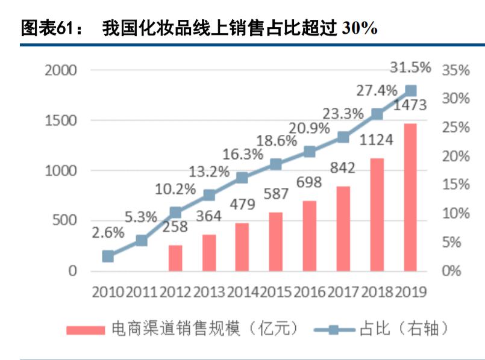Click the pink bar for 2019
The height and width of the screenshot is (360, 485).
point(410,197)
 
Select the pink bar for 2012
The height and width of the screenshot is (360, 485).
point(175,258)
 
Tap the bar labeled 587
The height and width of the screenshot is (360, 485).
point(276,241)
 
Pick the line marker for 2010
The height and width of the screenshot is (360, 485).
point(108,256)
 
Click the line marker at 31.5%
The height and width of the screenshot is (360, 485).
point(410,91)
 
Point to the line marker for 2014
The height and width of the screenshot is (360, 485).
point(242,178)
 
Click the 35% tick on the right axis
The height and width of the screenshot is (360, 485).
point(455,70)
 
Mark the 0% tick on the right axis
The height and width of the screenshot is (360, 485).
point(451,271)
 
